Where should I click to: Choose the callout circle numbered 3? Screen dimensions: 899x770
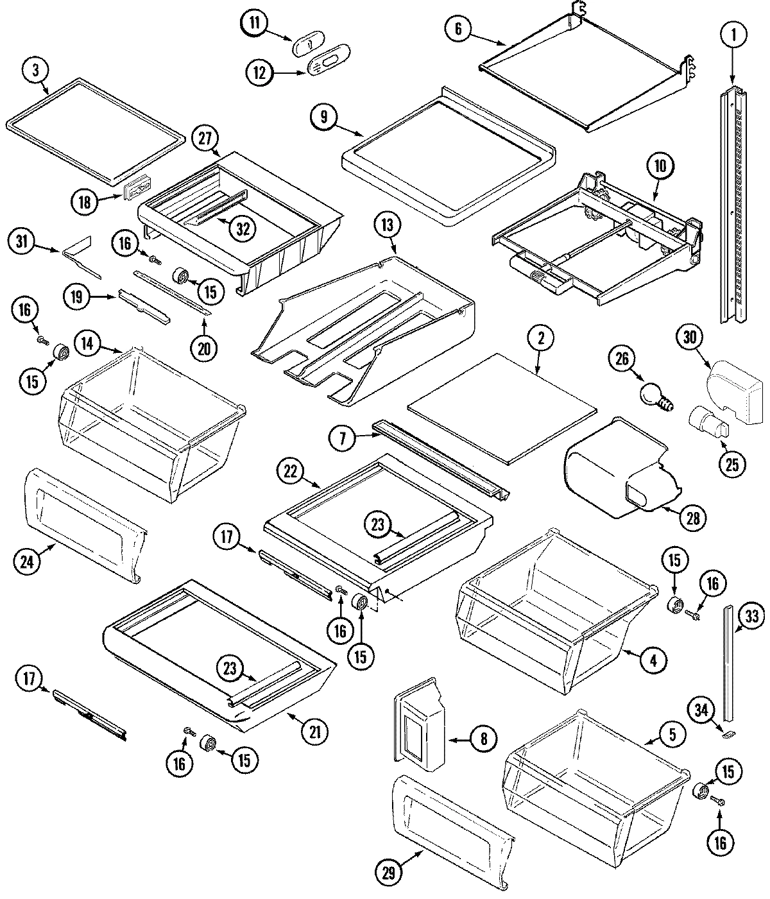[x=36, y=71]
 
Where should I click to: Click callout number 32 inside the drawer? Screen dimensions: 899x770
[x=243, y=229]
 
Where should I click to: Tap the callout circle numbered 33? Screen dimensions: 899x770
[x=752, y=617]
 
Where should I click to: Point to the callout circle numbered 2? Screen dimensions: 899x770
[x=540, y=338]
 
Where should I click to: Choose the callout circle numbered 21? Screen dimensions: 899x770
[x=314, y=732]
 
